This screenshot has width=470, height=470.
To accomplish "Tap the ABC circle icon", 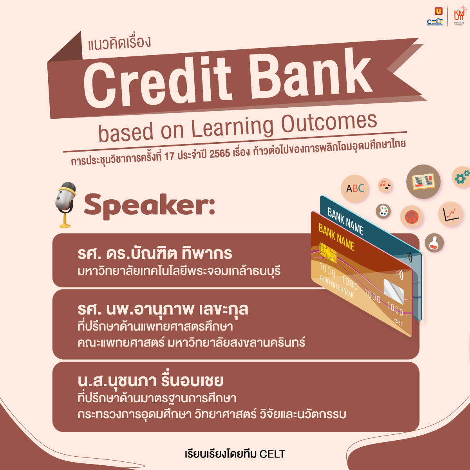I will (354, 189).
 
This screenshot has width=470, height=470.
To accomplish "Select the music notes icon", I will (385, 185).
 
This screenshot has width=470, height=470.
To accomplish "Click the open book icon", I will (423, 182).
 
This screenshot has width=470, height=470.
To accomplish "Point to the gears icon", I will (462, 177).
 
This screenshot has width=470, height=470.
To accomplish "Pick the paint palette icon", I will (383, 211).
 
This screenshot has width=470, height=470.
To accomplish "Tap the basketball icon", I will (412, 217).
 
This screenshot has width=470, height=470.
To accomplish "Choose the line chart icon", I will (450, 214).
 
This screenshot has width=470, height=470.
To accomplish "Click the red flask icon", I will (434, 242).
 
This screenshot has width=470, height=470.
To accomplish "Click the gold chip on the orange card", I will (328, 252).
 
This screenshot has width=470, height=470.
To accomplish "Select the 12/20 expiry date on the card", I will (397, 323).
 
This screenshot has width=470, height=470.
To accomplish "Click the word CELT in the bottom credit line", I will (272, 454).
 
